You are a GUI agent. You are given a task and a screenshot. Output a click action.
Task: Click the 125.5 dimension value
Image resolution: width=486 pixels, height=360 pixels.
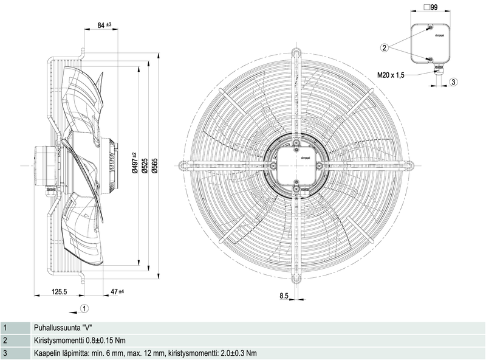(x=58, y=292)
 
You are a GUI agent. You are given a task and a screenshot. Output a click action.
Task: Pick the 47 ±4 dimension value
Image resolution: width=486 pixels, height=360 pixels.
(x=115, y=292)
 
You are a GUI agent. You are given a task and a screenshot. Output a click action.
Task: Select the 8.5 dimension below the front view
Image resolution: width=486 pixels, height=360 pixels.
(x=284, y=296)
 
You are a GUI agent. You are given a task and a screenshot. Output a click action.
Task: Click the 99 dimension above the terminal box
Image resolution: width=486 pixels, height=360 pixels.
(x=434, y=8)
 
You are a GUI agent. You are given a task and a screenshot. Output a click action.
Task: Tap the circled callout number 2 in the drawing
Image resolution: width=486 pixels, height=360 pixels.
(x=385, y=47)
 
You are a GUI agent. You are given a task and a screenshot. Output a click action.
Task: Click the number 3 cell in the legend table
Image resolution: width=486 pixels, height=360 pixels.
(x=5, y=353)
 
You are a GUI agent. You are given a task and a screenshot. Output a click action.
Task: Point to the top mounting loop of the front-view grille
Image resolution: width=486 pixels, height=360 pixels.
(x=296, y=54)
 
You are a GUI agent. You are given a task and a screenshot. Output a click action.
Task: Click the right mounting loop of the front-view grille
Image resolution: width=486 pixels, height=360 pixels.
(x=409, y=164)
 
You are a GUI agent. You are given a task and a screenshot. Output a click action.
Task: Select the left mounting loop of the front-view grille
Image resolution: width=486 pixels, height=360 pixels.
(x=183, y=164)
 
